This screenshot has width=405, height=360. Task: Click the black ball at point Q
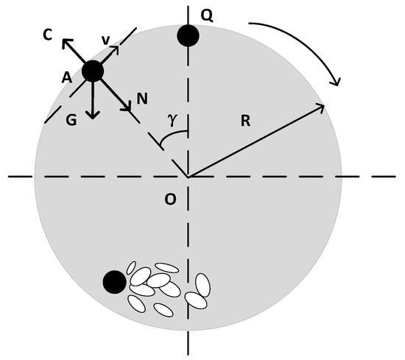click(x=188, y=35)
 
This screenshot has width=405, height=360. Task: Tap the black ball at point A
click(x=93, y=71)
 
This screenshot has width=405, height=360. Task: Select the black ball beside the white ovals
click(x=114, y=281)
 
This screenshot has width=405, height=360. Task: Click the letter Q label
click(x=207, y=14)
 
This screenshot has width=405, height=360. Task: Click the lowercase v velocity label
click(x=105, y=41)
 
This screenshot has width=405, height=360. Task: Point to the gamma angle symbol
click(x=172, y=121)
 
